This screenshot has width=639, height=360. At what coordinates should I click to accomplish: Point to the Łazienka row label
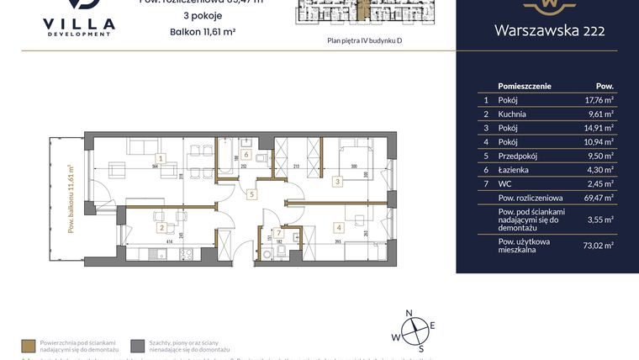(x=513, y=170)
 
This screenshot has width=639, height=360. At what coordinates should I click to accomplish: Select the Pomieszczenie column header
(x=524, y=86)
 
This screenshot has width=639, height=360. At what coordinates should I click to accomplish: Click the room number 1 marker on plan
(x=161, y=157)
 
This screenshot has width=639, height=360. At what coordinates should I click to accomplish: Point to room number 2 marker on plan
(x=161, y=227)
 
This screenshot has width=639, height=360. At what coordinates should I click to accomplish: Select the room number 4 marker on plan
(x=338, y=226)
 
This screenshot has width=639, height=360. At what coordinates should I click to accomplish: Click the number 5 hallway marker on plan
(x=251, y=193)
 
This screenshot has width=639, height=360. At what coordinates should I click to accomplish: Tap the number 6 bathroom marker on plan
(x=246, y=155)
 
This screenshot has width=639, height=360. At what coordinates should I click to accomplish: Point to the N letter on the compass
(x=409, y=314)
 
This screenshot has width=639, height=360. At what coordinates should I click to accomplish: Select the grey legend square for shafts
(x=136, y=346)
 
